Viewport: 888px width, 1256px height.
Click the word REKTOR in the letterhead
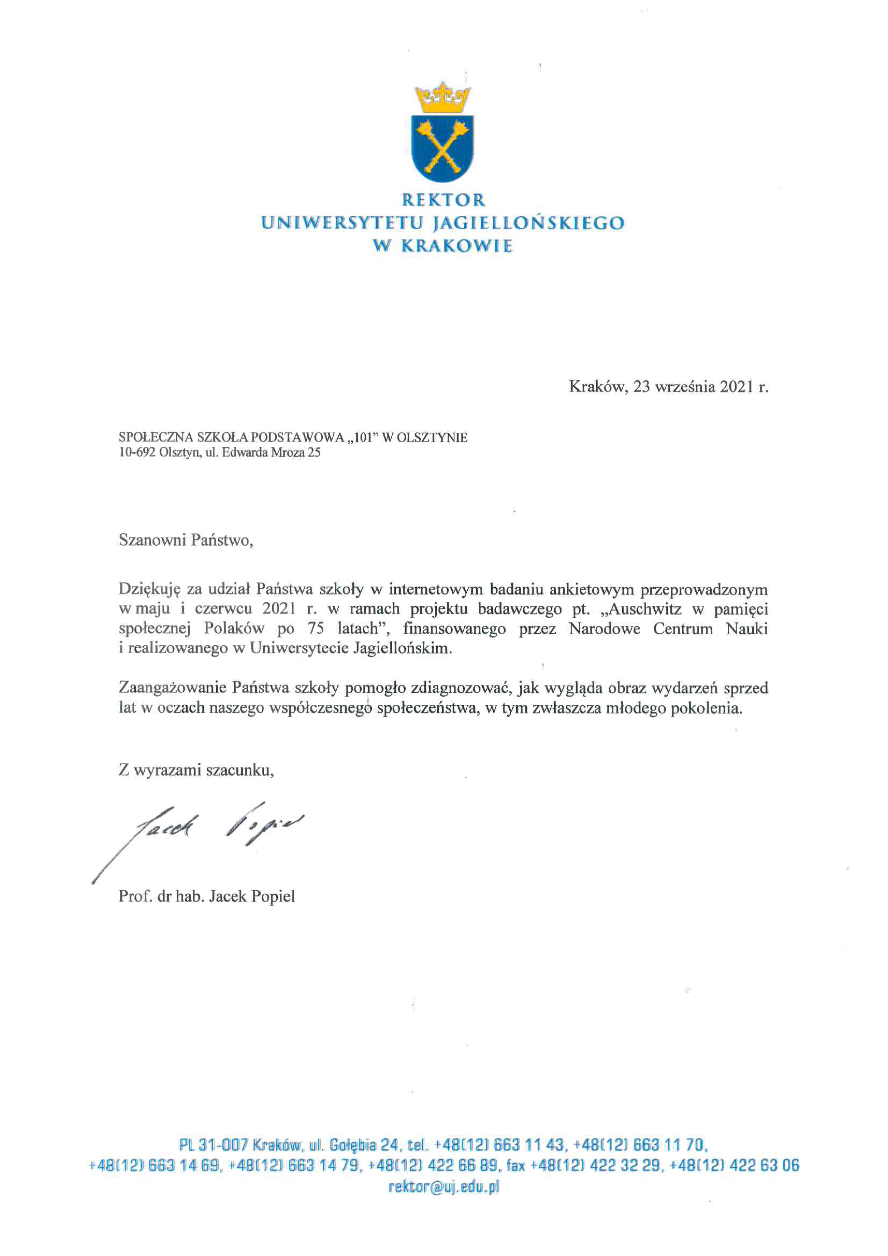point(443,200)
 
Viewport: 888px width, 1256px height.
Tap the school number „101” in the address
point(360,438)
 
